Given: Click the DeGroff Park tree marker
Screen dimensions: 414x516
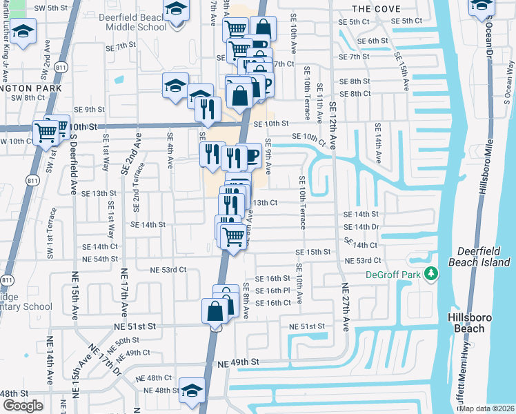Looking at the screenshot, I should [432, 274].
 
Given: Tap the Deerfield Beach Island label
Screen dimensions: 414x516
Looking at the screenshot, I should [483, 257].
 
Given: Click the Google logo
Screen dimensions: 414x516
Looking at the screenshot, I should [23, 406].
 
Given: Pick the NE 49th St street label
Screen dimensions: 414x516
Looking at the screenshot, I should [238, 362].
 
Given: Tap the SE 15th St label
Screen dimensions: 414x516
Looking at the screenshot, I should [315, 253].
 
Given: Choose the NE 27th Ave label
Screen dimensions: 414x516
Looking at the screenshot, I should [344, 307].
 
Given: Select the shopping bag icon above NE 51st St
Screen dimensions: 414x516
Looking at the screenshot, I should [215, 310].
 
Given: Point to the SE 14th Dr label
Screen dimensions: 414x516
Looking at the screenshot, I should [361, 226].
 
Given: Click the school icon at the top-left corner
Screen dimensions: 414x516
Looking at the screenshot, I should [24, 32].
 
